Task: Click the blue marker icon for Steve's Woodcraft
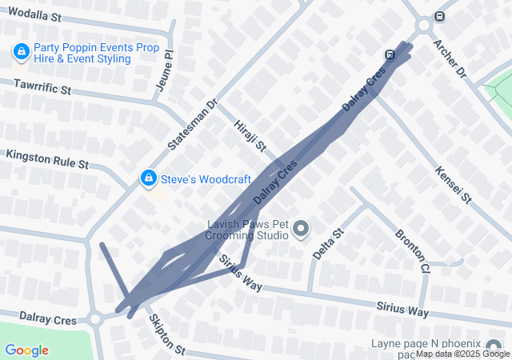(x=148, y=178)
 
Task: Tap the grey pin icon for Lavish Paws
(x=301, y=230)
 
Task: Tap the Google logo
(x=26, y=350)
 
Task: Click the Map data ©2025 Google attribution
(x=462, y=354)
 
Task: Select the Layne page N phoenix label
(x=435, y=344)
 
